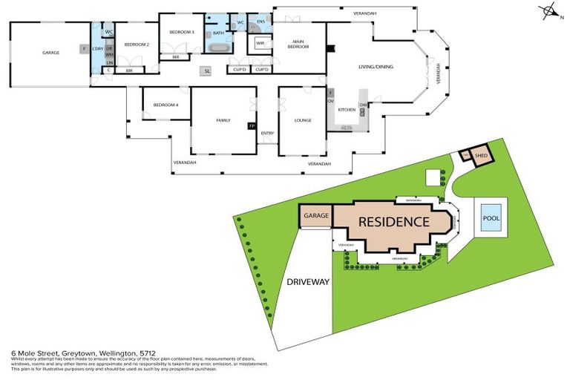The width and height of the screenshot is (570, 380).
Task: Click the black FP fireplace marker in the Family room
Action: tap(252, 126)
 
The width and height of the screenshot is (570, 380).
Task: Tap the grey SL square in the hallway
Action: tap(207, 71)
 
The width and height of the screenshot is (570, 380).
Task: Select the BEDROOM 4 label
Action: tap(166, 105)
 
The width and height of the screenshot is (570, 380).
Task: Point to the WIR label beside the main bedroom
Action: tap(261, 44)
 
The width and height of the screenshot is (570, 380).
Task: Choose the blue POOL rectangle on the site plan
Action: tap(491, 219)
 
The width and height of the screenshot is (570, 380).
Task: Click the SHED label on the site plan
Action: tap(481, 156)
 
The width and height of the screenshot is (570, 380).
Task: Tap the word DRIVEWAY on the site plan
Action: tap(309, 282)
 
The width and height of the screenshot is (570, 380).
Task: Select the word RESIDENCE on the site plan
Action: tap(394, 222)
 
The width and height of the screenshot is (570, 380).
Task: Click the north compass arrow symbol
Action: tap(548, 11)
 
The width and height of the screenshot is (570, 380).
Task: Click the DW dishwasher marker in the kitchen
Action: tap(363, 105)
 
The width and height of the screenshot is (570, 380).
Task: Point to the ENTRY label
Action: tap(267, 134)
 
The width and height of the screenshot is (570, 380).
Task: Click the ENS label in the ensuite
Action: tap(261, 22)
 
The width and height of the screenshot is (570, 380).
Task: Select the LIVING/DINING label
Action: tap(376, 67)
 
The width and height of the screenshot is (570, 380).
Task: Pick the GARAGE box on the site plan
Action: tap(315, 216)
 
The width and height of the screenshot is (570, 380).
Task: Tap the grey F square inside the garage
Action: tap(84, 49)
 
